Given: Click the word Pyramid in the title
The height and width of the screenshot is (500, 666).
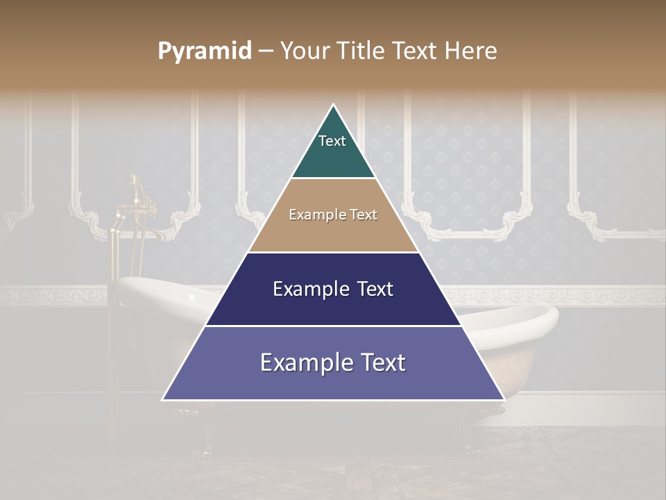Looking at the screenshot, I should (204, 51).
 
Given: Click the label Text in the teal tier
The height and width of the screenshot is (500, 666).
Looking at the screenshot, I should (332, 141).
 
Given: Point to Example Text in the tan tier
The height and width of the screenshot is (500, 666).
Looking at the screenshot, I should (333, 215).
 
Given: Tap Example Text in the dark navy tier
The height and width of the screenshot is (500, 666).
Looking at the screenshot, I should (333, 289).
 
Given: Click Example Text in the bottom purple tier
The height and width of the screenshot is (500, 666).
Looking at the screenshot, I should (333, 362).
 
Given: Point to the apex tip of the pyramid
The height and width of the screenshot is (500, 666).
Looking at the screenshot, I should (334, 106).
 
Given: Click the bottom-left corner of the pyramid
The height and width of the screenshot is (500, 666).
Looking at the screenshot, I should (164, 399).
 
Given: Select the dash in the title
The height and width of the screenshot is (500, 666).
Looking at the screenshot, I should (266, 51).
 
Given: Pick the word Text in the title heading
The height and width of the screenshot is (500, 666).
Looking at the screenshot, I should (416, 51).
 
